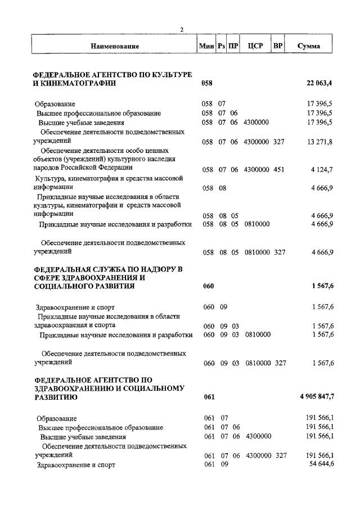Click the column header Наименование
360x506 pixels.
click(x=113, y=46)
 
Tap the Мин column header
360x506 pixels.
click(x=206, y=46)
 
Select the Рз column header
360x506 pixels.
click(x=222, y=46)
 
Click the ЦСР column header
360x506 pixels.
click(x=256, y=46)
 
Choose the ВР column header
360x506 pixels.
click(x=277, y=46)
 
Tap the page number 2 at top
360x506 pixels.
click(x=182, y=30)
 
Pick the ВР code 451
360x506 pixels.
click(x=279, y=169)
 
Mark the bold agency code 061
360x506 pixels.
click(x=209, y=397)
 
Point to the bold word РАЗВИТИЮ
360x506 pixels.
click(x=56, y=397)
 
